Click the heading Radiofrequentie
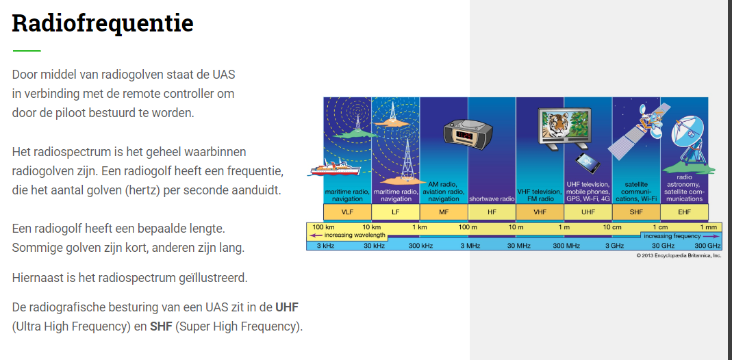pyautogui.click(x=103, y=23)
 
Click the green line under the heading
pyautogui.click(x=27, y=51)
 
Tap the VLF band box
pyautogui.click(x=347, y=212)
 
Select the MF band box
pyautogui.click(x=444, y=212)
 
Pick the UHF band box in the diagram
pyautogui.click(x=588, y=212)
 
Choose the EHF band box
pyautogui.click(x=684, y=212)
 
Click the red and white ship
pyautogui.click(x=333, y=168)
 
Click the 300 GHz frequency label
pyautogui.click(x=708, y=246)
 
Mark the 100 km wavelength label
pyautogui.click(x=323, y=227)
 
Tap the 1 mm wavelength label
pyautogui.click(x=708, y=227)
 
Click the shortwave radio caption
pyautogui.click(x=492, y=198)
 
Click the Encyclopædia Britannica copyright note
pyautogui.click(x=679, y=255)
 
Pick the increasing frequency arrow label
pyautogui.click(x=672, y=236)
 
